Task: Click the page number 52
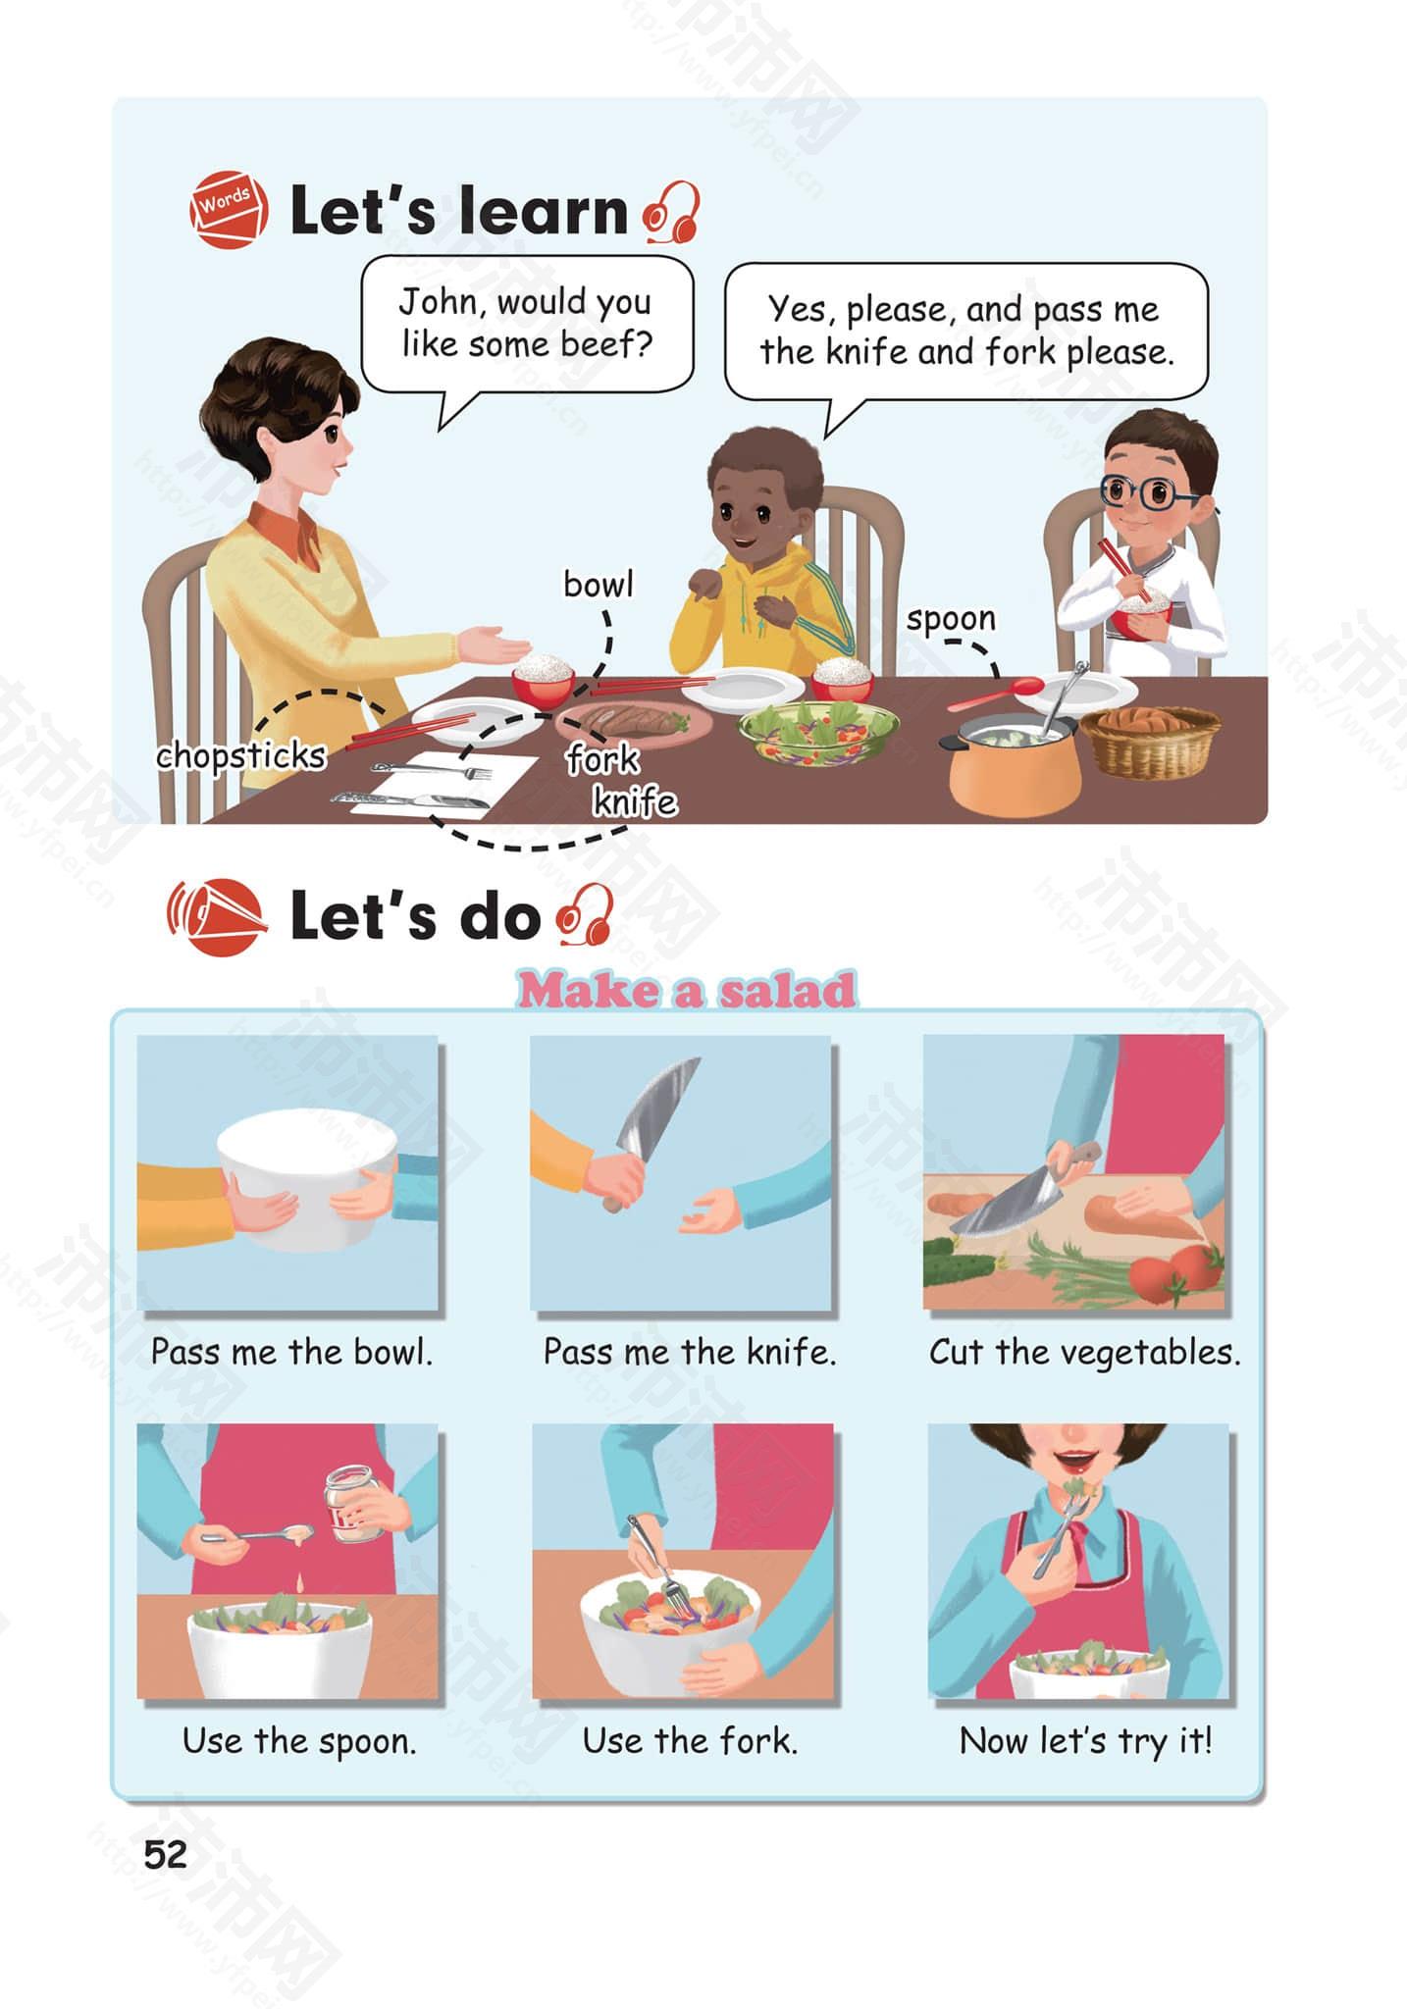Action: (165, 1855)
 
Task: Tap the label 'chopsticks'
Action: (240, 756)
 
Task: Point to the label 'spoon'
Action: (950, 619)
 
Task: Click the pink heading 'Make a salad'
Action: (686, 990)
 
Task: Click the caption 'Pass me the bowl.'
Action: (291, 1352)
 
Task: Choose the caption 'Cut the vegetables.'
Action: (1085, 1352)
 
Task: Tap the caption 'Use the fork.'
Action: (690, 1741)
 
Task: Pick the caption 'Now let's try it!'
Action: (1086, 1741)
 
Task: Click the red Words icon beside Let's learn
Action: (229, 210)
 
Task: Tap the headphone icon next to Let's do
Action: (585, 914)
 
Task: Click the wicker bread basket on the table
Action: (1150, 741)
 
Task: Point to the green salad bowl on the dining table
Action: (818, 731)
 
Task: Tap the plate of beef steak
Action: (634, 724)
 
